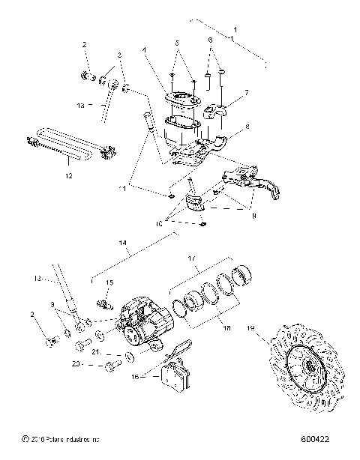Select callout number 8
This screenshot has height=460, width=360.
pyautogui.click(x=239, y=129)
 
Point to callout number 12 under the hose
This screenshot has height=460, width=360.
pyautogui.click(x=68, y=177)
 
